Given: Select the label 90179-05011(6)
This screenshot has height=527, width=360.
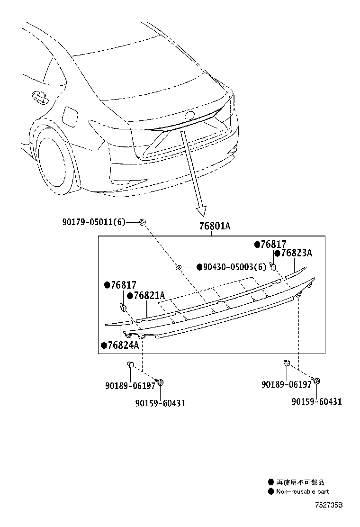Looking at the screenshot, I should click(93, 222).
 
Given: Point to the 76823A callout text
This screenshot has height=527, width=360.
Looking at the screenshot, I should click(296, 253).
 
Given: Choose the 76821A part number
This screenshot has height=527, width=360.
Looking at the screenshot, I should click(149, 296).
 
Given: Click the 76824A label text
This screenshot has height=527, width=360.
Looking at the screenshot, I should click(123, 345).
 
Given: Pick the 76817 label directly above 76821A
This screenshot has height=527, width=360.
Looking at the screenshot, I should click(123, 285).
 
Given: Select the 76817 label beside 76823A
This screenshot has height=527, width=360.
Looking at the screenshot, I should click(273, 245).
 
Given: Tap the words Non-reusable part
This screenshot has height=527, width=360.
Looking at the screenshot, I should click(302, 492).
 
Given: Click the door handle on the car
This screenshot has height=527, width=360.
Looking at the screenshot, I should click(40, 97).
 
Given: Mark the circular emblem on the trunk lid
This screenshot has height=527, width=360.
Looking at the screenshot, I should click(189, 115).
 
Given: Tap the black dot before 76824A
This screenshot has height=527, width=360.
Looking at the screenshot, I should click(103, 345).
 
